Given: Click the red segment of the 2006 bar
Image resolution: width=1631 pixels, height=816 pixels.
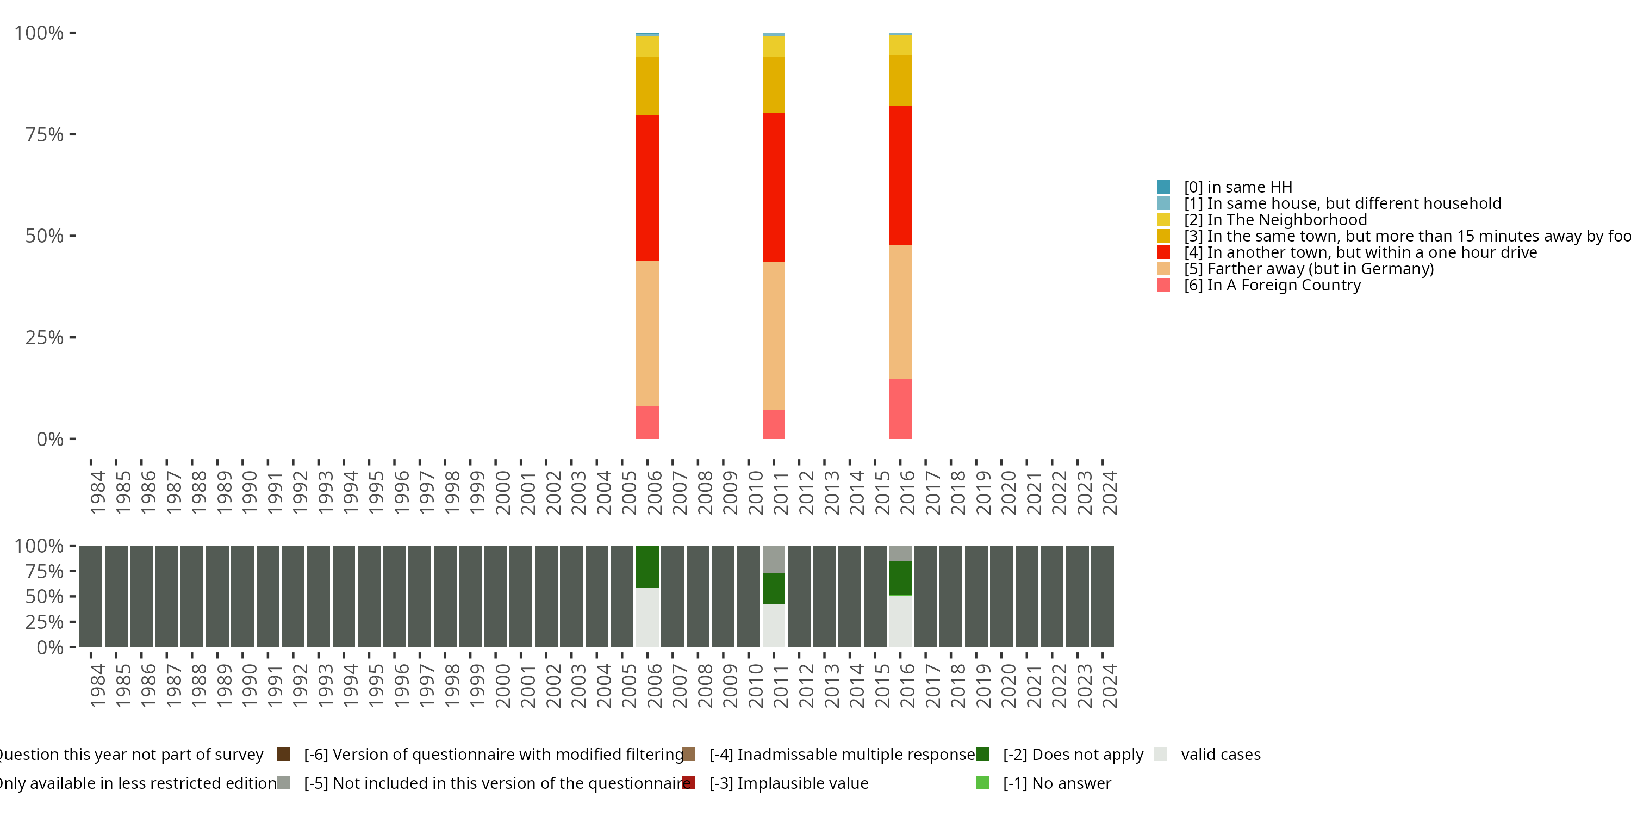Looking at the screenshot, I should tap(647, 188).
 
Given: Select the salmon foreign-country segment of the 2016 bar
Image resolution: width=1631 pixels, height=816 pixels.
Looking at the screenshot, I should tap(900, 409).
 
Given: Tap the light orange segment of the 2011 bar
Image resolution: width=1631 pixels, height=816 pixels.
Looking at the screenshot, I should tap(774, 336).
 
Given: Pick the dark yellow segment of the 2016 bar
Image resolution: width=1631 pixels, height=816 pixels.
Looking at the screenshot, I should tap(900, 81).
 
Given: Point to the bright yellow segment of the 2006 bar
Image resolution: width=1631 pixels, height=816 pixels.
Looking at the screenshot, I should tap(647, 46).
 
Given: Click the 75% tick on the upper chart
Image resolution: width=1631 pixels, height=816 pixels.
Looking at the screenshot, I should tap(45, 134).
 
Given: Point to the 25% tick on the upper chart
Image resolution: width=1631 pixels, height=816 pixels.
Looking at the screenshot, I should tap(45, 337).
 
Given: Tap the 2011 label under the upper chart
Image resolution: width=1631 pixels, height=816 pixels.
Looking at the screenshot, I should tap(781, 492).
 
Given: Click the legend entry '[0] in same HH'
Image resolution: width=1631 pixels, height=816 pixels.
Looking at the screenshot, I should tap(1238, 187).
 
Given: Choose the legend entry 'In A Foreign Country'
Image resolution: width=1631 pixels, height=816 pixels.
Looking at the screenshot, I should tap(1272, 285).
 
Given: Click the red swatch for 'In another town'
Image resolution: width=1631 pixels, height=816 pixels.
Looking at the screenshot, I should tap(1163, 252).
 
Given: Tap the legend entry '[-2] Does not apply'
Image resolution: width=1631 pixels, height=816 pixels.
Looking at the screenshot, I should tap(1073, 754).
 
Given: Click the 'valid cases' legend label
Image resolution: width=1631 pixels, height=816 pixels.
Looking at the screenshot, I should tap(1220, 754).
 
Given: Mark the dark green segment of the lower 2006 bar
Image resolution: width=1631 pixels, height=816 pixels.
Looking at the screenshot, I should tap(647, 566).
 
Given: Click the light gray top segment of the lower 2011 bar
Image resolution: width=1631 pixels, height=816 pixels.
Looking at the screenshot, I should tap(774, 559).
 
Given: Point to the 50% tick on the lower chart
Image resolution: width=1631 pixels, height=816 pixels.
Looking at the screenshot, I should tap(45, 596).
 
